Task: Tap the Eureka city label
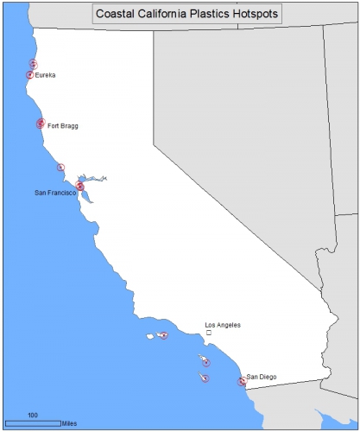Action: pyautogui.click(x=46, y=75)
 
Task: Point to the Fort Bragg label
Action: pyautogui.click(x=62, y=125)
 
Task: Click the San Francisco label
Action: pyautogui.click(x=54, y=192)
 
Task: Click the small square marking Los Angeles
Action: pyautogui.click(x=208, y=333)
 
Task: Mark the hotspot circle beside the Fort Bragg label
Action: pyautogui.click(x=41, y=124)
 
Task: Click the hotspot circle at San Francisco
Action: pyautogui.click(x=79, y=186)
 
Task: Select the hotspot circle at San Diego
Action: pyautogui.click(x=242, y=381)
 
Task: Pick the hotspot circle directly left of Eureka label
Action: pyautogui.click(x=29, y=75)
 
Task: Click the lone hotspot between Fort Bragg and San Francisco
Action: pyautogui.click(x=60, y=167)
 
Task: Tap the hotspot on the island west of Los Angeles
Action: pyautogui.click(x=164, y=335)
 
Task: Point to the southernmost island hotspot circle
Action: pyautogui.click(x=205, y=378)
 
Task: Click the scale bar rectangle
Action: pyautogui.click(x=33, y=423)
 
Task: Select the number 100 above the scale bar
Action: pyautogui.click(x=33, y=416)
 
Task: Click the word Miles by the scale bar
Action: pyautogui.click(x=70, y=424)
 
